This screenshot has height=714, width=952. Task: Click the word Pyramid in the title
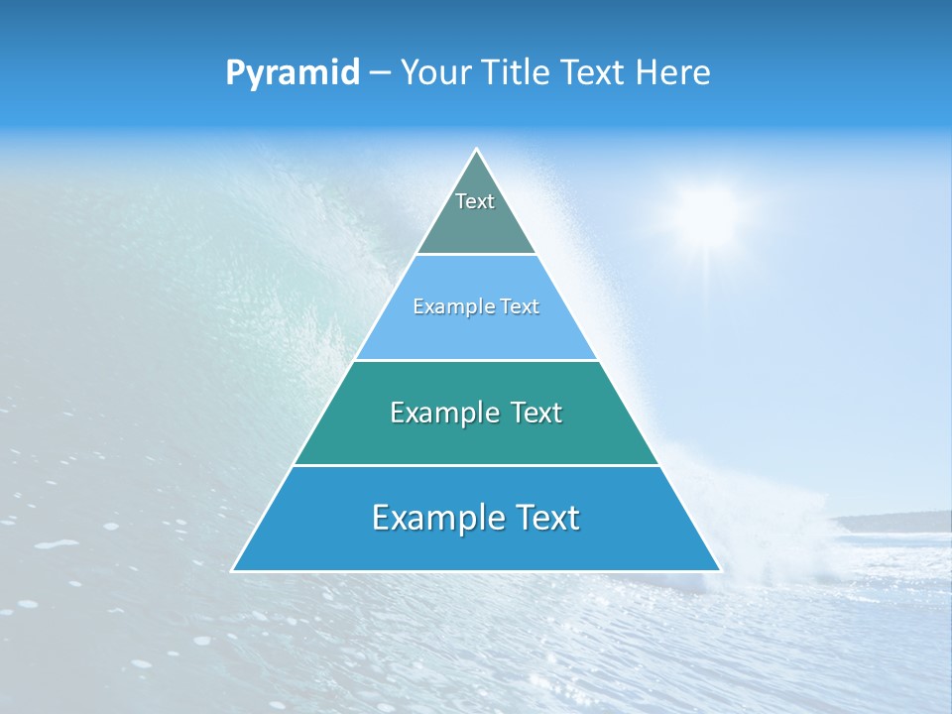(293, 73)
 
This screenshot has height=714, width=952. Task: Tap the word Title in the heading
(521, 72)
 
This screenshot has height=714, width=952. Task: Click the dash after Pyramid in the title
(380, 73)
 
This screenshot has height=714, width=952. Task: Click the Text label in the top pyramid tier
(475, 201)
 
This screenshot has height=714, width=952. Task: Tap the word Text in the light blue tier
(519, 307)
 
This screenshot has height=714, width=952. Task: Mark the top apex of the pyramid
(476, 150)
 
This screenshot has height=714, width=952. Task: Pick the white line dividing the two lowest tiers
(476, 465)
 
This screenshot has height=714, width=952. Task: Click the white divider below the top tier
(476, 255)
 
